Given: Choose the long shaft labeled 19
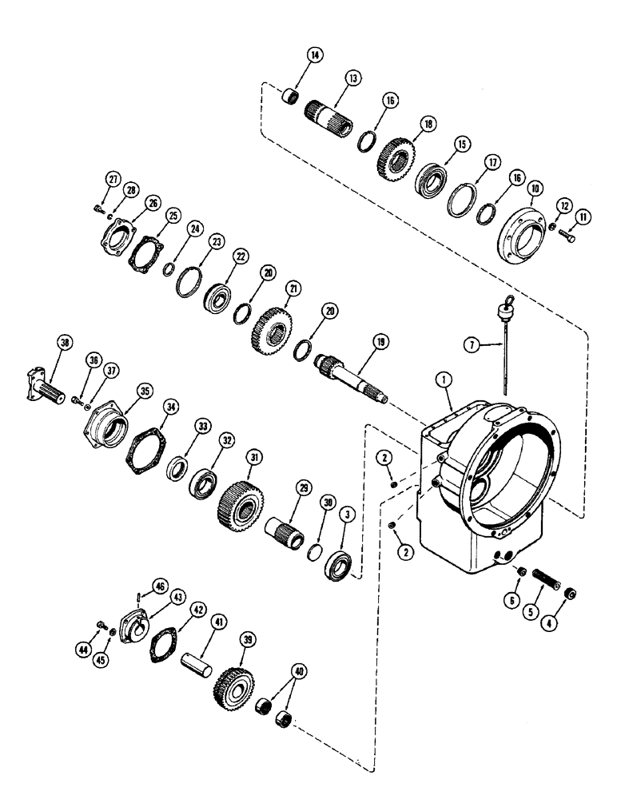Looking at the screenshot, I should tap(352, 375).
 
